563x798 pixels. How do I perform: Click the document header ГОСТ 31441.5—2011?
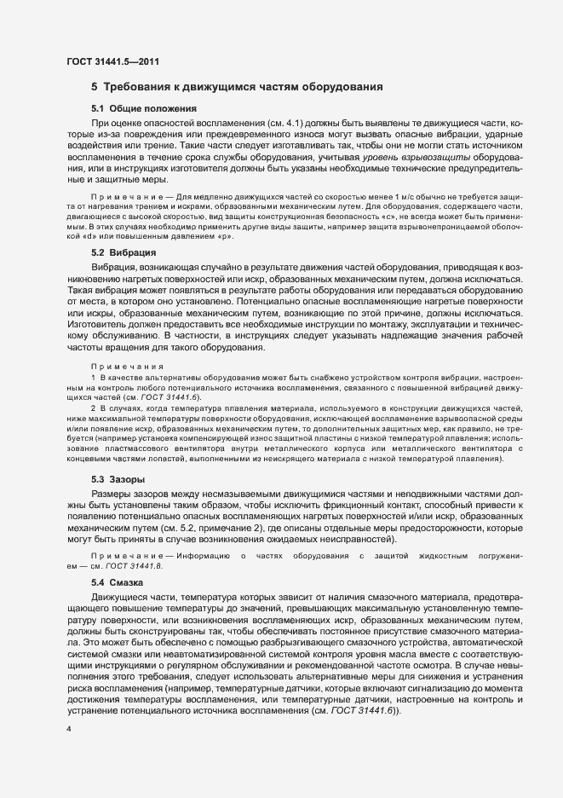[x=112, y=61]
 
